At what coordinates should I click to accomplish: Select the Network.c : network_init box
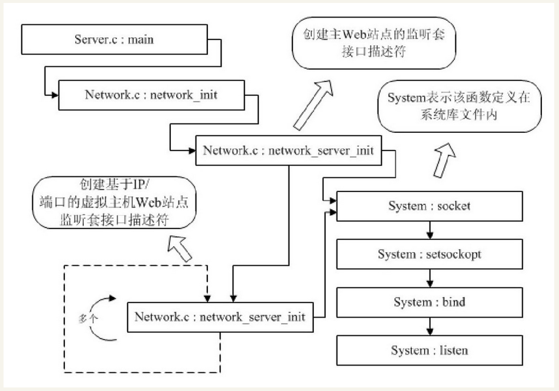(151, 95)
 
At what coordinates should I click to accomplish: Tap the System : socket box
(430, 206)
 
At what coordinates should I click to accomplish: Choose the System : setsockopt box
(430, 255)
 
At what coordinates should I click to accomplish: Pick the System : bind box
(430, 302)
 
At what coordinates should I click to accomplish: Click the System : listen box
(430, 350)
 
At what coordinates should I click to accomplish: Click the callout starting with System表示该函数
(459, 106)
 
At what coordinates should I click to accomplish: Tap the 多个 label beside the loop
(89, 317)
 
